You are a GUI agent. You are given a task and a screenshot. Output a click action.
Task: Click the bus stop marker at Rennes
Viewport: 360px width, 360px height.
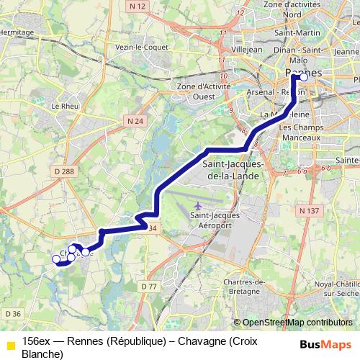[303, 76]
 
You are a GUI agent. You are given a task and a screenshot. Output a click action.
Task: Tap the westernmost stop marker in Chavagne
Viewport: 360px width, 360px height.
[56, 259]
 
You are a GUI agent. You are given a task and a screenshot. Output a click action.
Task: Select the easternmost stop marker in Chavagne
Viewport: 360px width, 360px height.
[86, 252]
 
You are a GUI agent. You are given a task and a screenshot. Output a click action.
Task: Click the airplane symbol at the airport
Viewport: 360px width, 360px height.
[199, 208]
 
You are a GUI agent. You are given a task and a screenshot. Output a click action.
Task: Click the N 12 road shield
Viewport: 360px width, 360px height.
[138, 6]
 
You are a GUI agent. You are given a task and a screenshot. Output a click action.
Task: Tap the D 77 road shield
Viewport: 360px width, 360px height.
[149, 287]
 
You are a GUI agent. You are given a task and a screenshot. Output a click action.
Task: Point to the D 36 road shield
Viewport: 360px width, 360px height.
[13, 313]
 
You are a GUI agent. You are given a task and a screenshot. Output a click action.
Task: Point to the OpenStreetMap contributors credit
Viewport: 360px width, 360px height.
[296, 323]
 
